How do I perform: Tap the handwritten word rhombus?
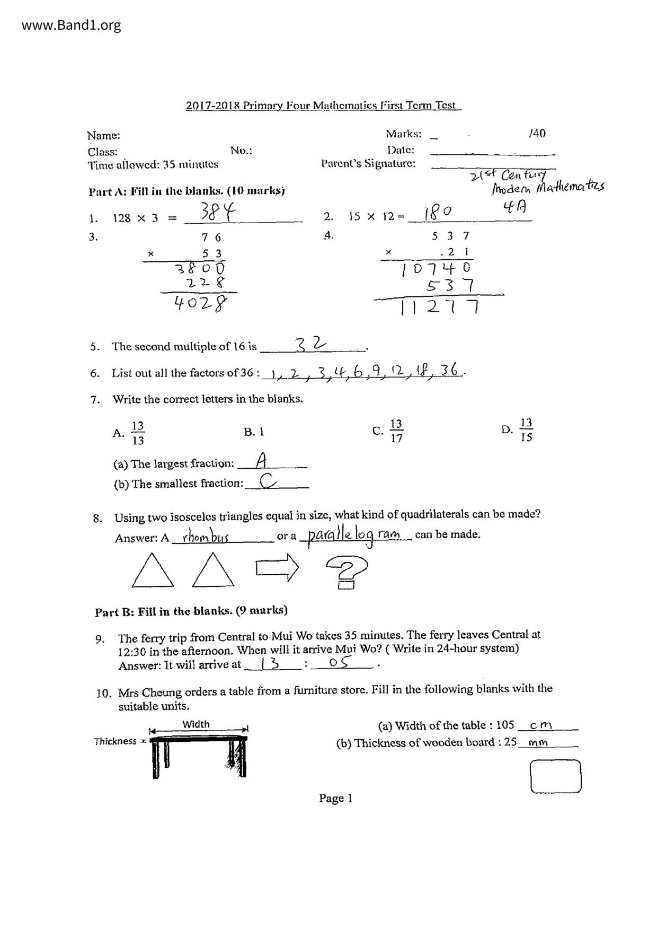point(205,537)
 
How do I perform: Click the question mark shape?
point(347,572)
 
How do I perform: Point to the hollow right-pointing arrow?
point(277,568)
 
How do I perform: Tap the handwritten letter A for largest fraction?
point(261,460)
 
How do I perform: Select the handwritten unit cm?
point(541,725)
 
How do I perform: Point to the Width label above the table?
point(196,724)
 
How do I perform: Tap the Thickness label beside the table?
point(116,741)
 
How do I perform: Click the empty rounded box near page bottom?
point(555,776)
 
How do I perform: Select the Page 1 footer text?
point(335,799)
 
